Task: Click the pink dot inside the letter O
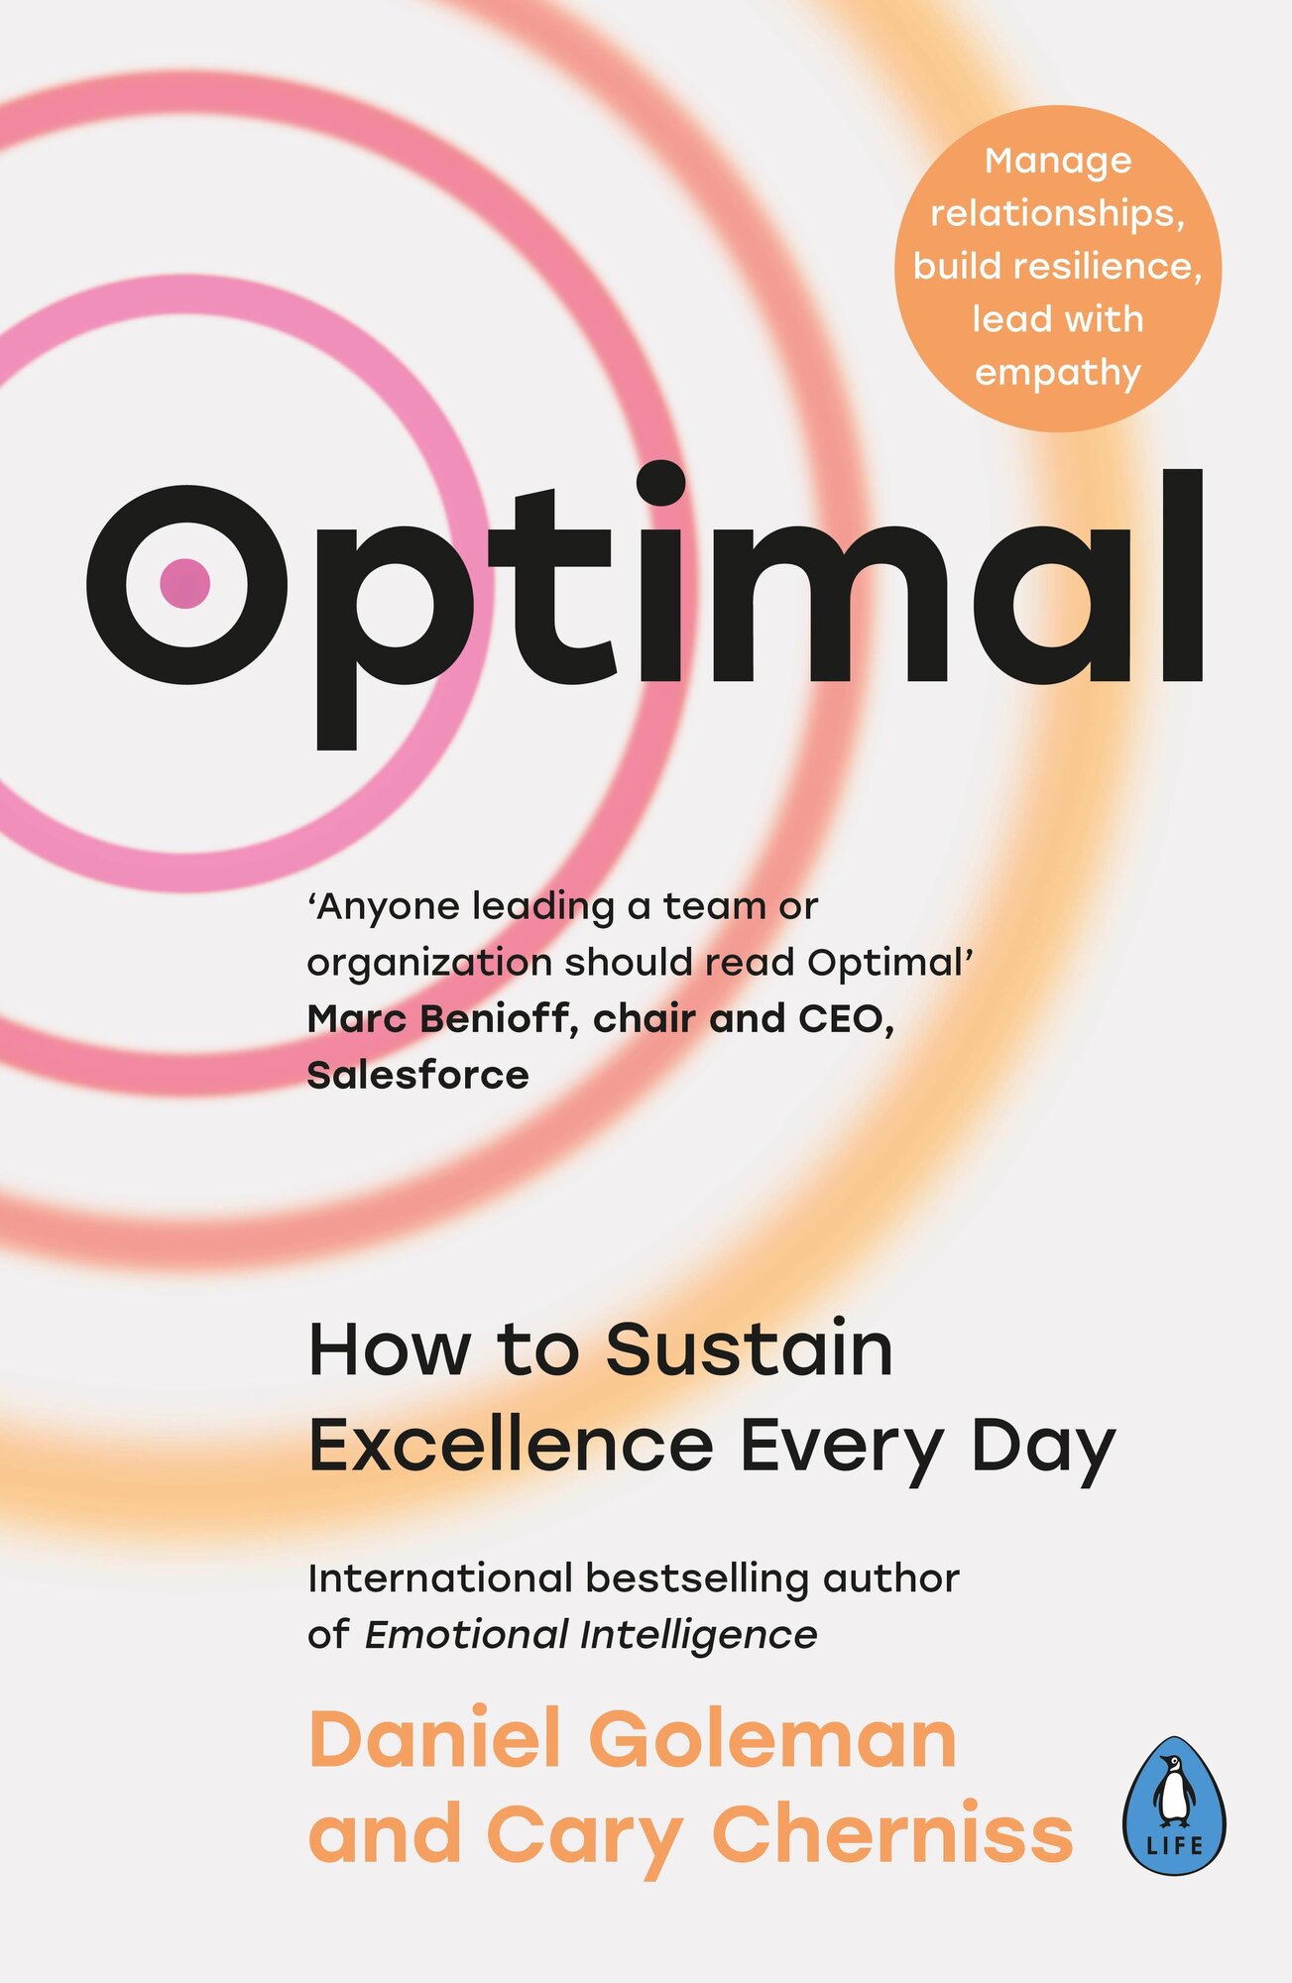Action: (185, 583)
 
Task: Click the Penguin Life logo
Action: (1174, 1806)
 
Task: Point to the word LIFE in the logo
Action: (1174, 1845)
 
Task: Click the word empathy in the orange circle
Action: (1058, 374)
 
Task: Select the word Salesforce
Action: (417, 1075)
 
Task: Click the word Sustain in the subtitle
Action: (749, 1350)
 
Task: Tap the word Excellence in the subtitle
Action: (511, 1446)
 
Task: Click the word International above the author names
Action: (440, 1578)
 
